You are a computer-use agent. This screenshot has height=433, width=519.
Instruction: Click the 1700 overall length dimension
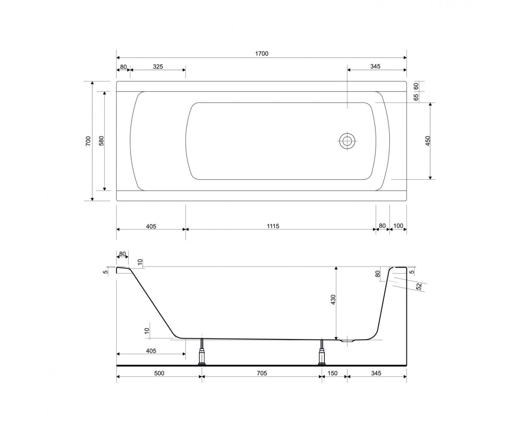[x=262, y=54]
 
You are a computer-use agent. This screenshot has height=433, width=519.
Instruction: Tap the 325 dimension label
[x=158, y=67]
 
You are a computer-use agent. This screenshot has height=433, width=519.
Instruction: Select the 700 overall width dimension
[x=88, y=141]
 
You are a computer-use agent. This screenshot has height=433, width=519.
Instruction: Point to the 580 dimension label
[x=101, y=141]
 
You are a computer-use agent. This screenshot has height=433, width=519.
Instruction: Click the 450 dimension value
[x=428, y=141]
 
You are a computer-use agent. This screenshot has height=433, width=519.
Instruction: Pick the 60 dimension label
[x=416, y=86]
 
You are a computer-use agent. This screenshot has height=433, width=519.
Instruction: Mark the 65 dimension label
[x=416, y=97]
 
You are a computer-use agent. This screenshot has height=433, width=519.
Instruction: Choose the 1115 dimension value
[x=273, y=226]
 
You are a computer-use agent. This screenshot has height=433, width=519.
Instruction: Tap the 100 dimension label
[x=398, y=226]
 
